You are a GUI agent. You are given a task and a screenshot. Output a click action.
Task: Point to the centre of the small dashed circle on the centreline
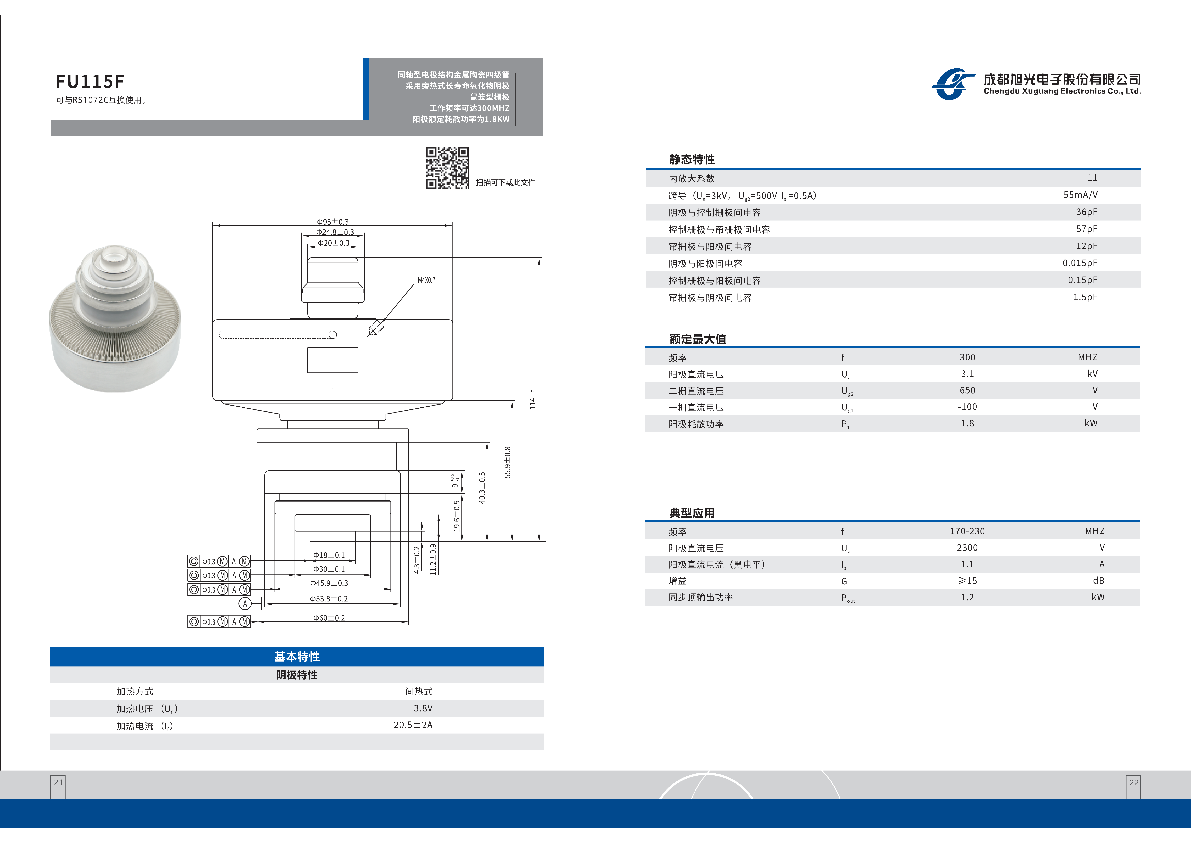pyautogui.click(x=333, y=335)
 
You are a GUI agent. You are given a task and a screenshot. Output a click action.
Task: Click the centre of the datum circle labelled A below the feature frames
pyautogui.click(x=245, y=603)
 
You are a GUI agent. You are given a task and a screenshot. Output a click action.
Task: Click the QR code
pyautogui.click(x=447, y=168)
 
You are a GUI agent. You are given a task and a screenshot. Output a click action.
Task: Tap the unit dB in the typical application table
pyautogui.click(x=1098, y=581)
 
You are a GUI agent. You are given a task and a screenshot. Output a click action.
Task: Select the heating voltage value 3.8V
pyautogui.click(x=423, y=708)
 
